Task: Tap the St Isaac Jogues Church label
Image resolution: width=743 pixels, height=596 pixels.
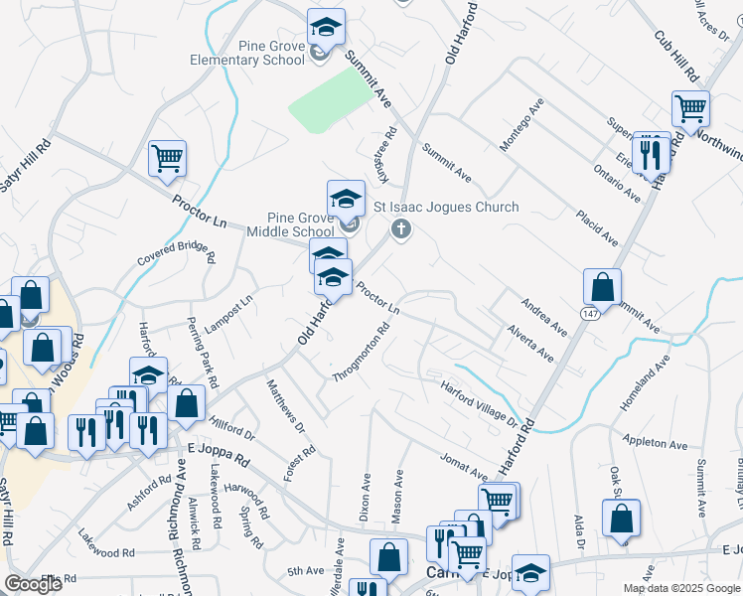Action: click(x=445, y=207)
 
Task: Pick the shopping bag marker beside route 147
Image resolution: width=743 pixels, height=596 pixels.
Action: click(x=602, y=287)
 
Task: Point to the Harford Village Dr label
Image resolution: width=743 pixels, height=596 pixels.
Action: click(x=481, y=405)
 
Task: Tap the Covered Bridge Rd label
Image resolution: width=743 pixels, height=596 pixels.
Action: click(x=177, y=253)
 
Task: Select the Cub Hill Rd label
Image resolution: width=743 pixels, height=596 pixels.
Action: click(x=676, y=55)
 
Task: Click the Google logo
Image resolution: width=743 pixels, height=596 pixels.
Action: click(x=33, y=585)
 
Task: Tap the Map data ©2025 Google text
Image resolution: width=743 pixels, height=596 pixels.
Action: click(x=680, y=588)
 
